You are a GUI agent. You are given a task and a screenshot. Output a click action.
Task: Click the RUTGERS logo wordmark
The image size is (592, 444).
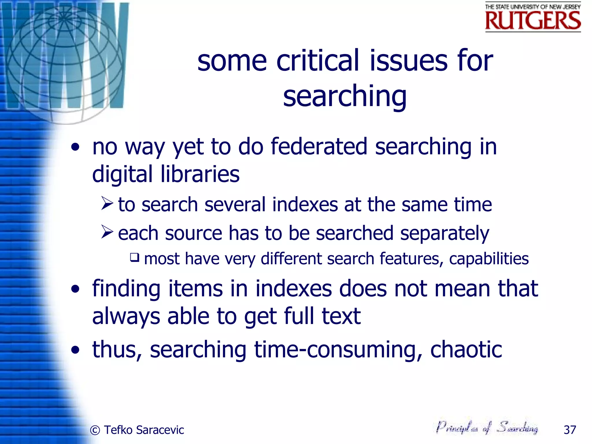point(533,21)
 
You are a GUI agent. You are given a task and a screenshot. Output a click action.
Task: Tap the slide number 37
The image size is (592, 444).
point(570,430)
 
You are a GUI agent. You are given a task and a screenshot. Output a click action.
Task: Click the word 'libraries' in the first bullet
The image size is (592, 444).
point(200,174)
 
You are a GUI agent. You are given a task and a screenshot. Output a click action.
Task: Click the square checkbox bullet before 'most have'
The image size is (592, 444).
point(135,257)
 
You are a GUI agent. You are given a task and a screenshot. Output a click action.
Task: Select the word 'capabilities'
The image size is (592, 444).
point(489,259)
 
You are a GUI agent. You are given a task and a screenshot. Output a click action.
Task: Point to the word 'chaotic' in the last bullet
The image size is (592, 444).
point(466,349)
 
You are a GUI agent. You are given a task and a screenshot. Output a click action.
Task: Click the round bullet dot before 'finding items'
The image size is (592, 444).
point(75,289)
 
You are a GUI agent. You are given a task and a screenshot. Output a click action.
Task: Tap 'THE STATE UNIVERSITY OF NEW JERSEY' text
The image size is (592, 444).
point(533,7)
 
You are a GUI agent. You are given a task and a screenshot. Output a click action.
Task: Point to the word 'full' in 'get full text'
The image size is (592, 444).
point(299,316)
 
